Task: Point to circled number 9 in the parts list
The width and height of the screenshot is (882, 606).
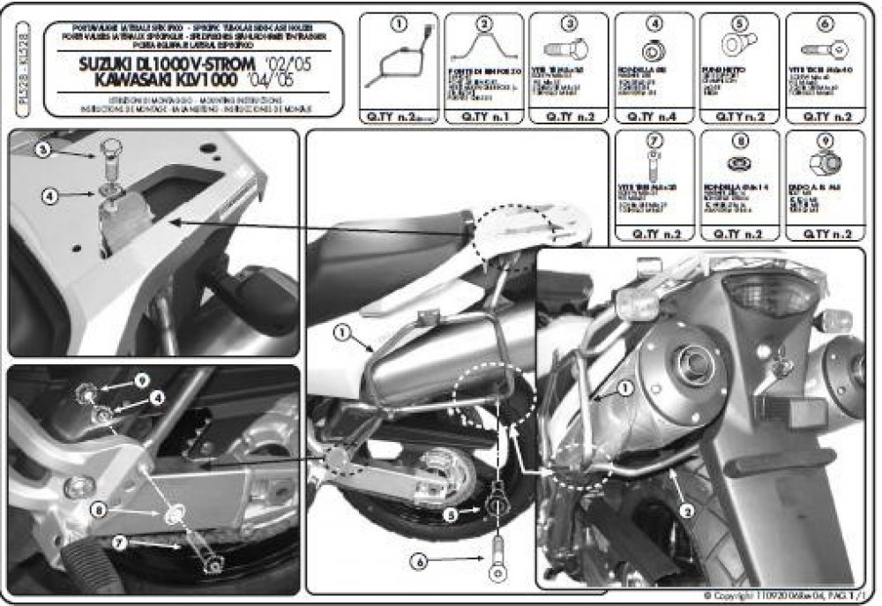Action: pos(824,139)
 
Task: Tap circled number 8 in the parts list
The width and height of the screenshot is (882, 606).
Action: pos(739,139)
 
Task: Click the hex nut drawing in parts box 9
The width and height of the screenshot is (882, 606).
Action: pos(823,163)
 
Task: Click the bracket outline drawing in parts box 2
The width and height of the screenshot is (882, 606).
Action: pos(482,49)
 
